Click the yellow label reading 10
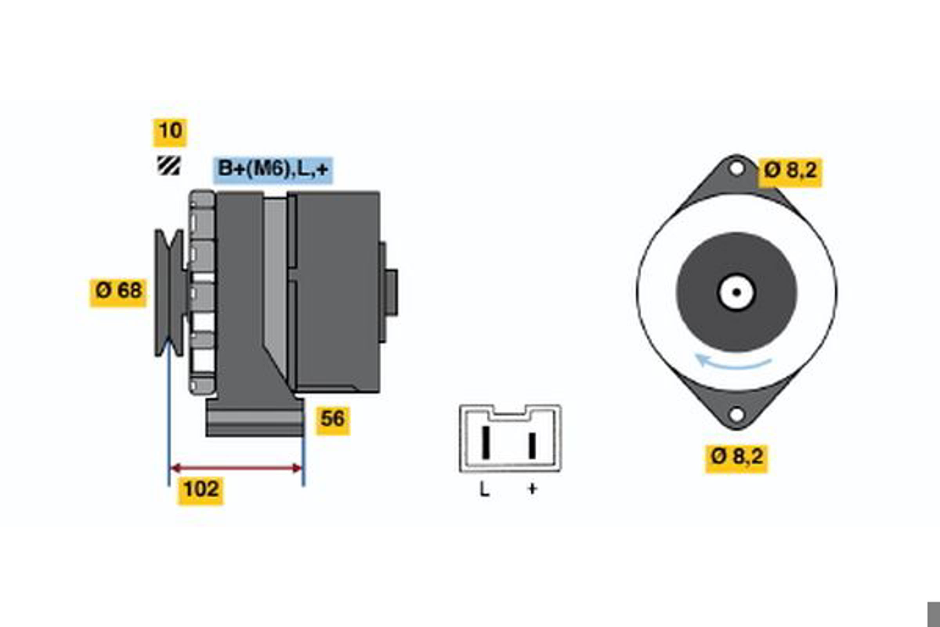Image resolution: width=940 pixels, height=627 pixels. [x=170, y=132]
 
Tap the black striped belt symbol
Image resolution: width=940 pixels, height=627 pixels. [x=169, y=165]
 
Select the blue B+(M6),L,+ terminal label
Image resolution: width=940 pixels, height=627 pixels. [x=273, y=170]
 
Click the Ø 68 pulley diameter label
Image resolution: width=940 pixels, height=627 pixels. [x=118, y=293]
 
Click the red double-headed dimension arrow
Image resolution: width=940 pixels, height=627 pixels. [x=236, y=468]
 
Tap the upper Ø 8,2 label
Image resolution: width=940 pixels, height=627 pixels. [x=790, y=172]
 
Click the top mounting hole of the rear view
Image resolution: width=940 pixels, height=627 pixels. [x=737, y=169]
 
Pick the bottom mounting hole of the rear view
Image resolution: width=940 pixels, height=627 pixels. [x=737, y=415]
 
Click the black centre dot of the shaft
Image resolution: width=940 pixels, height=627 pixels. [x=737, y=292]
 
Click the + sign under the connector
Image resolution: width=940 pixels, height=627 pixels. [x=532, y=489]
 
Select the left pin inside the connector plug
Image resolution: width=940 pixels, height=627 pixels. [x=486, y=443]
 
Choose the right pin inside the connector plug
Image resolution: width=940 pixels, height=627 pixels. [x=532, y=446]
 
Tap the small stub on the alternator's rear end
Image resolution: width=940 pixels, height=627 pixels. [x=391, y=292]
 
